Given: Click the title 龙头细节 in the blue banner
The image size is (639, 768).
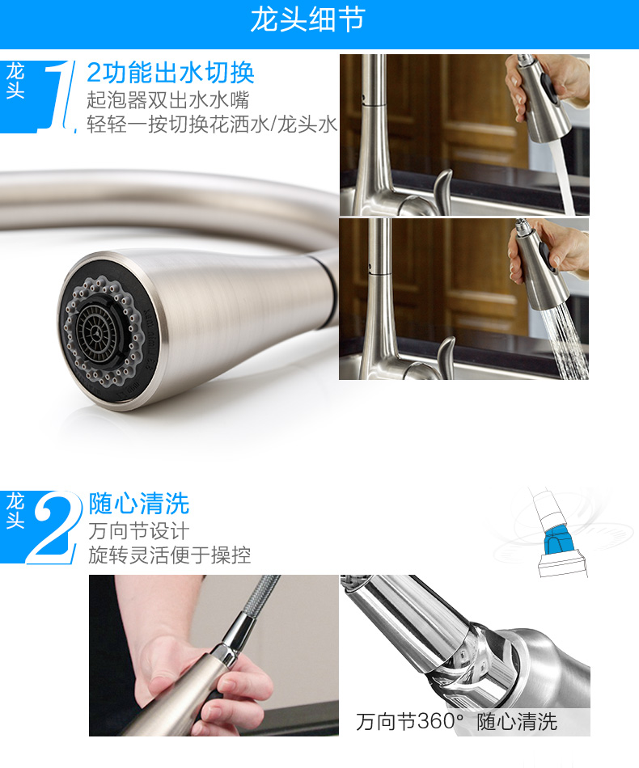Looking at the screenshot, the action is (x=307, y=20).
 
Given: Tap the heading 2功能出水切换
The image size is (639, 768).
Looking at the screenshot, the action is (x=171, y=73).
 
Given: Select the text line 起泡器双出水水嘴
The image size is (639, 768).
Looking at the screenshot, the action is (x=168, y=100).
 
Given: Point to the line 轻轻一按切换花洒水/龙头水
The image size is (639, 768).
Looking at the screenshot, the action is (x=212, y=124).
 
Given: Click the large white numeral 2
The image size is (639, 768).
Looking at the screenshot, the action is (x=53, y=528).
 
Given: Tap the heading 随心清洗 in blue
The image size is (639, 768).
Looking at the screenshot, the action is (x=138, y=504).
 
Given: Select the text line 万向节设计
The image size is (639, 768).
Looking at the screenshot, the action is (x=138, y=531).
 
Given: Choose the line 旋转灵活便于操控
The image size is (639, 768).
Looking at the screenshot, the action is (x=170, y=555).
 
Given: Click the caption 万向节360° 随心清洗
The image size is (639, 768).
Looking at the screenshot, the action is (x=456, y=721).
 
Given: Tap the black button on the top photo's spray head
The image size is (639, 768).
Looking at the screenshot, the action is (x=548, y=89).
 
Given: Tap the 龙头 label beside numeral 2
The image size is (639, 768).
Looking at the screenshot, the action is (x=15, y=511).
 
